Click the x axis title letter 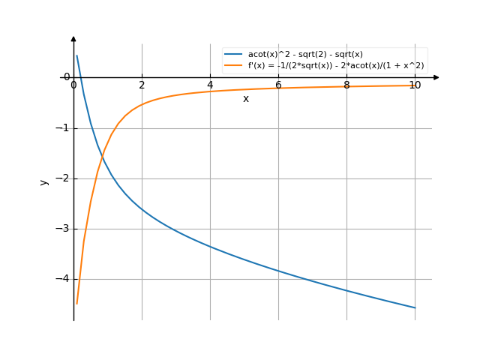[x=245, y=99]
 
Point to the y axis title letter [x=45, y=181]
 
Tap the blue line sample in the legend [x=233, y=55]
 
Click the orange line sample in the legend [x=233, y=65]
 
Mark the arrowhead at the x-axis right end [x=436, y=77]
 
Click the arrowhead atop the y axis [x=73, y=38]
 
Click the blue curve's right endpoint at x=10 [x=415, y=307]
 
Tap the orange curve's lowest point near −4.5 [x=76, y=304]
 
